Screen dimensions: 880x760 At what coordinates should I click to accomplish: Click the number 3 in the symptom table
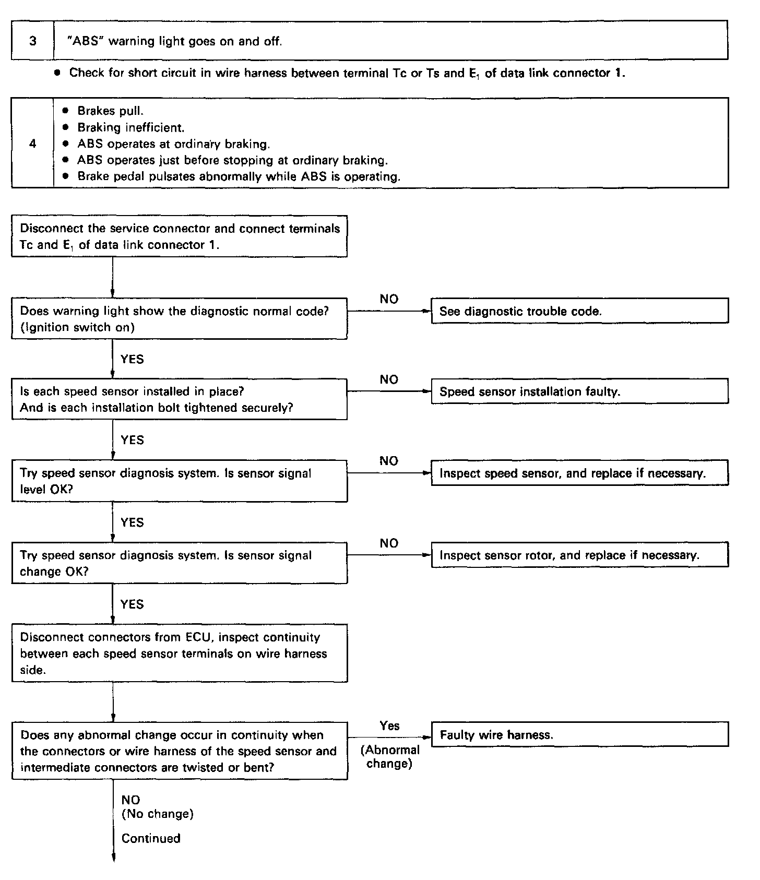point(33,41)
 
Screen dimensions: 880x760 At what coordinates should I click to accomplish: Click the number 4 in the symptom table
point(33,144)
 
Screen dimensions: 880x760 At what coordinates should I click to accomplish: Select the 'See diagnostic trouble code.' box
point(579,311)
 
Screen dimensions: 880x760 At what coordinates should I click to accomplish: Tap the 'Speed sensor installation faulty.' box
point(579,391)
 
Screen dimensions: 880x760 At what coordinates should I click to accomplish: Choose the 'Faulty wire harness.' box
point(579,735)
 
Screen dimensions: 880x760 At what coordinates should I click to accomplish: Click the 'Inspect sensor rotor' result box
point(579,555)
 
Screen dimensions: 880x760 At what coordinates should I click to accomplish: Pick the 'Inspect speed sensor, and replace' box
point(579,473)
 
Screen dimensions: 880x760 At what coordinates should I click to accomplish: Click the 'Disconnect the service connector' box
point(180,236)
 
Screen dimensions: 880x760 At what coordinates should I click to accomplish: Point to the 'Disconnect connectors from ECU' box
point(180,653)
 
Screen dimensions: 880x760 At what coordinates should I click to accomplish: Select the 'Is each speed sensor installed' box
point(180,399)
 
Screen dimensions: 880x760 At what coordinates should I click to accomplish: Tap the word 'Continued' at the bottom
point(151,838)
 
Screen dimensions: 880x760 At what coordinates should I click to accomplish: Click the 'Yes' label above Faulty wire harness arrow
point(389,726)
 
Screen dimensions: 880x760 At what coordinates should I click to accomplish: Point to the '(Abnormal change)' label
point(390,757)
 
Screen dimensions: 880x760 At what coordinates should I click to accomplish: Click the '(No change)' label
point(157,814)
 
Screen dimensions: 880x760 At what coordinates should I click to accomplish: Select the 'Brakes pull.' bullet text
point(110,111)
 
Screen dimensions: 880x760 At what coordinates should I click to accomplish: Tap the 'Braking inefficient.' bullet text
point(130,127)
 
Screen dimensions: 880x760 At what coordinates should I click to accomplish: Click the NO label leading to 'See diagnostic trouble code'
point(389,299)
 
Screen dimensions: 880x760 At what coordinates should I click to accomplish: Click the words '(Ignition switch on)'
point(77,327)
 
